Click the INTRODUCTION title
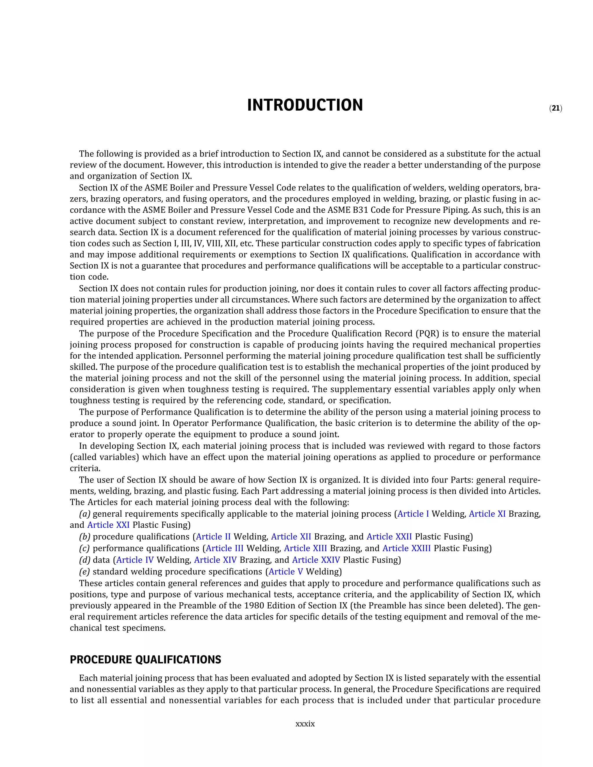[305, 105]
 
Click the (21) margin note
[555, 109]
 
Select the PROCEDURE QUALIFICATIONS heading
[145, 660]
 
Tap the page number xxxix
[305, 724]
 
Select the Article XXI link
[108, 525]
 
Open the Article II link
[213, 537]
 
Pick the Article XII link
[291, 537]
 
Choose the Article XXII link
[389, 537]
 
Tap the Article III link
[224, 548]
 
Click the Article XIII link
[305, 548]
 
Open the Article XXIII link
[407, 548]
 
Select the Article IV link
[135, 560]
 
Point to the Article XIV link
[215, 560]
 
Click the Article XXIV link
[316, 560]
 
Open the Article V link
[285, 571]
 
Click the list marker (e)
[84, 571]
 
